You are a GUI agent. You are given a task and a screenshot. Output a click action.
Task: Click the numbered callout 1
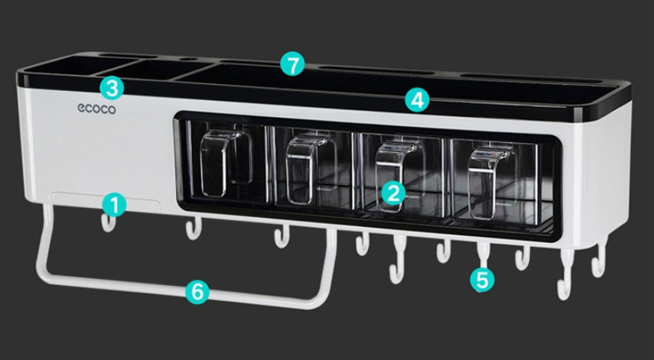pyautogui.click(x=114, y=204)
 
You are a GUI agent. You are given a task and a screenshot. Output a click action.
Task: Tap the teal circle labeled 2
pyautogui.click(x=392, y=192)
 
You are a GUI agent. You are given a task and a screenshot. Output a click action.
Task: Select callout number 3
pyautogui.click(x=112, y=87)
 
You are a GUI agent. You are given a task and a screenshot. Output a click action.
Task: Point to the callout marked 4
pyautogui.click(x=417, y=99)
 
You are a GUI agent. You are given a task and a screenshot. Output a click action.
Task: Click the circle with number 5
pyautogui.click(x=481, y=279)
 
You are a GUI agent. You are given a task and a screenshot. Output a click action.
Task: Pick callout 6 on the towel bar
pyautogui.click(x=197, y=290)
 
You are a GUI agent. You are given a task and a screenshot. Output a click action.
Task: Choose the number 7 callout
pyautogui.click(x=291, y=64)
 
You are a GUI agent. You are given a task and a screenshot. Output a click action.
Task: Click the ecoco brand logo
pyautogui.click(x=96, y=109)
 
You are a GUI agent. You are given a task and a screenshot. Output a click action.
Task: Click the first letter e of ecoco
pyautogui.click(x=81, y=109)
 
